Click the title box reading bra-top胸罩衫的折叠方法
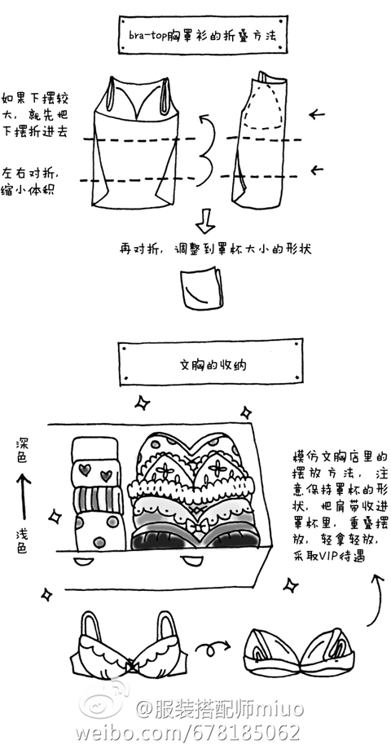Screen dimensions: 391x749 tap(202, 35)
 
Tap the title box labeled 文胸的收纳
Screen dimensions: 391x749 tap(210, 362)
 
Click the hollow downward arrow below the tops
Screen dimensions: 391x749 tap(206, 221)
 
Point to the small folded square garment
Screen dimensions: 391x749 tap(201, 289)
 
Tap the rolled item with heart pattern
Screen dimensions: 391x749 tap(96, 473)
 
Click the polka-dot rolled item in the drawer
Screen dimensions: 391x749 tap(99, 531)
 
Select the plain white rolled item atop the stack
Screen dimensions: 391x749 tap(94, 449)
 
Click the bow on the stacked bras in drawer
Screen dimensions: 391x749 tap(195, 527)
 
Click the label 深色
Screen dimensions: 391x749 tap(22, 451)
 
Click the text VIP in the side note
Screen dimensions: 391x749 tap(328, 556)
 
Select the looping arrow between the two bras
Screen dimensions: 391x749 tap(213, 648)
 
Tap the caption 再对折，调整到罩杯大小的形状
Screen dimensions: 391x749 tap(215, 249)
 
